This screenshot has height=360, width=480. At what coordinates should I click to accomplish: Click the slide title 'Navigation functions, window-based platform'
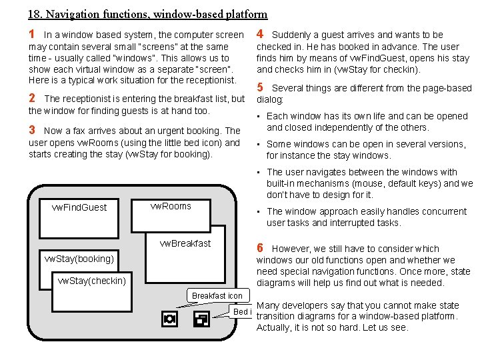pyautogui.click(x=148, y=13)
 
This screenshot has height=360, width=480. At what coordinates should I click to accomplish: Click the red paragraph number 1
pyautogui.click(x=32, y=34)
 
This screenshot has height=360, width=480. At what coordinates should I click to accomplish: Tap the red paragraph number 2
pyautogui.click(x=32, y=98)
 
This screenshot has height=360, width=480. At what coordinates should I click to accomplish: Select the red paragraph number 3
pyautogui.click(x=32, y=131)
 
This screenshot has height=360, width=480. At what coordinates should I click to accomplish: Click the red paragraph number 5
pyautogui.click(x=261, y=87)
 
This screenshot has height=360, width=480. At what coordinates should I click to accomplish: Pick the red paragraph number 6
pyautogui.click(x=261, y=248)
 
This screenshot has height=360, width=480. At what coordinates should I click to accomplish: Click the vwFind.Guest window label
pyautogui.click(x=79, y=207)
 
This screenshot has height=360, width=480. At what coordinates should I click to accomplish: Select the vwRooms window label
pyautogui.click(x=171, y=206)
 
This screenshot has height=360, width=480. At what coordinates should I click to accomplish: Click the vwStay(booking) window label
pyautogui.click(x=79, y=258)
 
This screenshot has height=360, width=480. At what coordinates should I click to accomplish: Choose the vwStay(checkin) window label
pyautogui.click(x=92, y=281)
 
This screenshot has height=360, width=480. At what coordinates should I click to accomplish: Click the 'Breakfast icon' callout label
pyautogui.click(x=217, y=295)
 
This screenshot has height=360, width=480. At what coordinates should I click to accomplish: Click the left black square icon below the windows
pyautogui.click(x=169, y=319)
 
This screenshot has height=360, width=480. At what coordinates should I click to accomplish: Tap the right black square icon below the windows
pyautogui.click(x=199, y=319)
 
